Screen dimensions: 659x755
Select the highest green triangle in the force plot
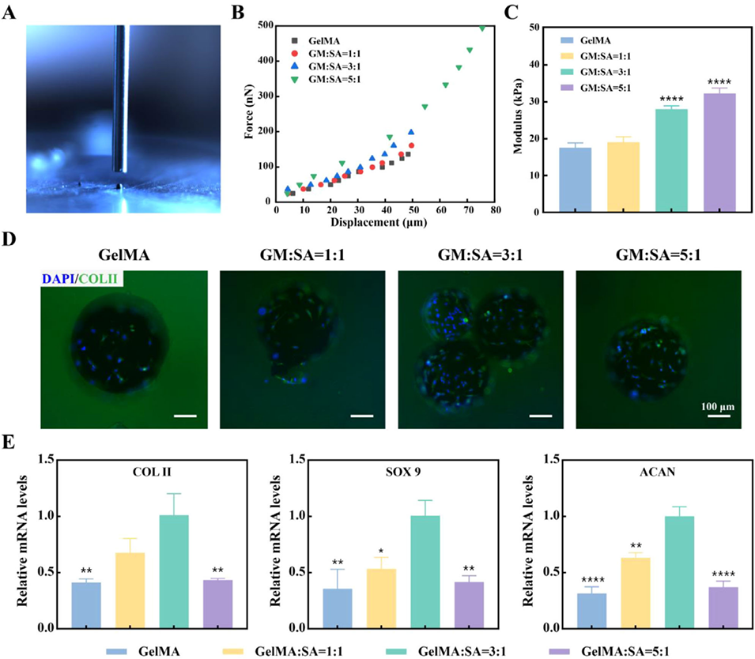point(483,28)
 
